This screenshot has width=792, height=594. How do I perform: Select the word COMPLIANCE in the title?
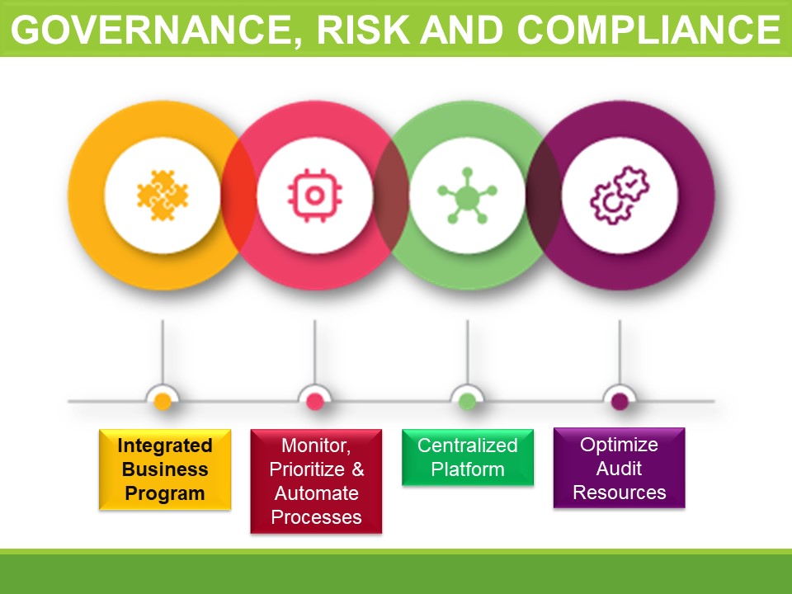649,30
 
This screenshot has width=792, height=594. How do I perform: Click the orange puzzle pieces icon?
163,196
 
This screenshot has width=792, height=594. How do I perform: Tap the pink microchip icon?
314,196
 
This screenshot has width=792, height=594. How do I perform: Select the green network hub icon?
467,196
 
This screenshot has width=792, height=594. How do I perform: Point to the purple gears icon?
620,196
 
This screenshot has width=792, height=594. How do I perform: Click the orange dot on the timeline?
163,402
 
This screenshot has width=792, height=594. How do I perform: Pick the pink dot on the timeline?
314,402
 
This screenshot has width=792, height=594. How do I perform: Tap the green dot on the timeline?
467,402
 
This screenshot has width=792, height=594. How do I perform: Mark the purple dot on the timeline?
620,402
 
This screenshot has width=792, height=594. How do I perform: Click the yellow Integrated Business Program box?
165,469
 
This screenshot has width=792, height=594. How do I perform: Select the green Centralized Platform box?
468,457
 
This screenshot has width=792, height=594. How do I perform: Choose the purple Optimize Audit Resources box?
620,468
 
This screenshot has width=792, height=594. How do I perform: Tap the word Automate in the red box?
317,493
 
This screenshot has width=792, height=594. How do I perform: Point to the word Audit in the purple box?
619,469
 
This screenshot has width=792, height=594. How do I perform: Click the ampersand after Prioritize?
357,469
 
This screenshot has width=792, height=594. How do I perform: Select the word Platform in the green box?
468,469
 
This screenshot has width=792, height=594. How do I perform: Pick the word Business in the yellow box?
165,469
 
